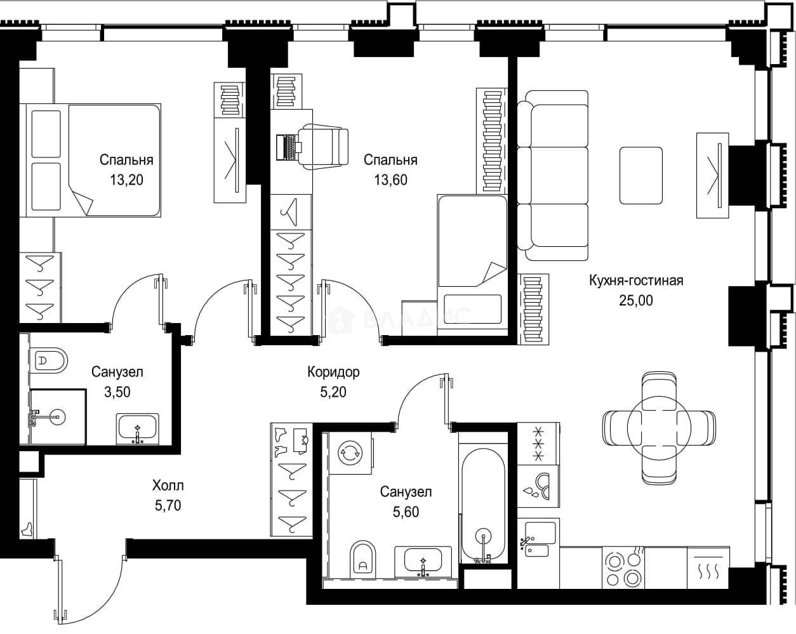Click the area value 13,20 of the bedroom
pyautogui.click(x=126, y=180)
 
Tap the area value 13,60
pyautogui.click(x=390, y=180)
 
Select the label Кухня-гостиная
pyautogui.click(x=636, y=281)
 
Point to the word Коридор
pyautogui.click(x=333, y=372)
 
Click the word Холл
pyautogui.click(x=168, y=485)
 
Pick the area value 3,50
pyautogui.click(x=117, y=392)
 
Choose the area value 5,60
pyautogui.click(x=406, y=512)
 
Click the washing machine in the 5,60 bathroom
pyautogui.click(x=350, y=453)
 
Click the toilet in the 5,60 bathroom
pyautogui.click(x=362, y=559)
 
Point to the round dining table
pyautogui.click(x=659, y=428)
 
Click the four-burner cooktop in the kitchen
pyautogui.click(x=623, y=568)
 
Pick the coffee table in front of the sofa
pyautogui.click(x=641, y=175)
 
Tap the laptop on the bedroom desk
pyautogui.click(x=289, y=147)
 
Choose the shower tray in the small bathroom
pyautogui.click(x=58, y=417)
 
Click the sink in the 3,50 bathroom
pyautogui.click(x=138, y=429)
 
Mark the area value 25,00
pyautogui.click(x=636, y=300)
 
